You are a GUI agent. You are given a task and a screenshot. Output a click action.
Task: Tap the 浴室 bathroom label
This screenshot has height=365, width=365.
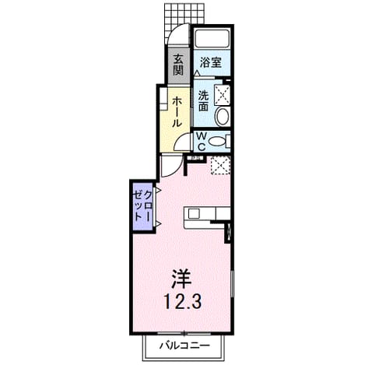tap(211, 62)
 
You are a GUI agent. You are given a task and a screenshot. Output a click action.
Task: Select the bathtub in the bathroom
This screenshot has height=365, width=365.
tap(212, 38)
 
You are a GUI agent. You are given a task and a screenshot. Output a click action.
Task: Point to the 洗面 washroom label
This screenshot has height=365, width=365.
tap(204, 100)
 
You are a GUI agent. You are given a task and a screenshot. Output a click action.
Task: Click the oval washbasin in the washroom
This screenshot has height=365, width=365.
tap(223, 117)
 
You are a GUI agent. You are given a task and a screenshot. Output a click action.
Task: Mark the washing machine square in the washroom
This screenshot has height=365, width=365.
tap(223, 95)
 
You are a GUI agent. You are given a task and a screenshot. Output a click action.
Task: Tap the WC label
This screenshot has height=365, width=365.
tap(202, 141)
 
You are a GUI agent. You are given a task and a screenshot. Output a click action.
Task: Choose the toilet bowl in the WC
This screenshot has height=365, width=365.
tap(217, 142)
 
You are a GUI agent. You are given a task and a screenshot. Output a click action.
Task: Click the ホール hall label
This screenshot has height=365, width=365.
tap(177, 111)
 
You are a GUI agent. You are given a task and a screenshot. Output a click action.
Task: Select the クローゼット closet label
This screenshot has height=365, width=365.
tap(143, 205)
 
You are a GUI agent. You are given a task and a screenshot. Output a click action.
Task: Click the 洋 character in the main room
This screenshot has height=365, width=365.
tap(181, 279)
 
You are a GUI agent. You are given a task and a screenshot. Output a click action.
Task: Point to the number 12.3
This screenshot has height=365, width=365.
tap(183, 302)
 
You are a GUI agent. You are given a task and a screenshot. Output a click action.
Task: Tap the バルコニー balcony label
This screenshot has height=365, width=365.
tap(184, 346)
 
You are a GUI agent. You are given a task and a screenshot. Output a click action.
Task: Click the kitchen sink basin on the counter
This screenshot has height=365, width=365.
tap(194, 214)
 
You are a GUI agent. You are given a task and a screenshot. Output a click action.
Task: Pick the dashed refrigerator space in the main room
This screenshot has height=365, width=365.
tap(220, 165)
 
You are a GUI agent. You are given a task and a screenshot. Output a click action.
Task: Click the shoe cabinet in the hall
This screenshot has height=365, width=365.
tap(163, 99)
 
